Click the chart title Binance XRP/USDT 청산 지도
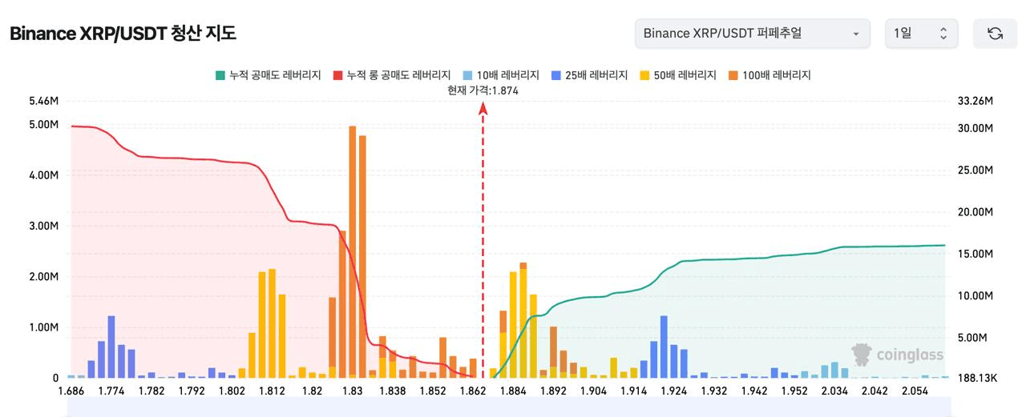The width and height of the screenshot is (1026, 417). [123, 34]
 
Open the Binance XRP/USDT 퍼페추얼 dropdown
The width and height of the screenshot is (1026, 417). [752, 34]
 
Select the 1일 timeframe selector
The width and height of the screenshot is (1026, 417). [921, 34]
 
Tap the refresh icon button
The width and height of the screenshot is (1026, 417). [995, 34]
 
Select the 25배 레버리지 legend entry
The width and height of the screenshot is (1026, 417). [589, 75]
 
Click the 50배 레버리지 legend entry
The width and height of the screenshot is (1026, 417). [678, 75]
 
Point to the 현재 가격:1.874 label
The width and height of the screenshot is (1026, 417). [483, 90]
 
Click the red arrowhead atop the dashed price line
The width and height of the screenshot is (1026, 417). [483, 108]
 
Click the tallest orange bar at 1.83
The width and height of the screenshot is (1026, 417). [353, 248]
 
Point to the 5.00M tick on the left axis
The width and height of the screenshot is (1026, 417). [43, 125]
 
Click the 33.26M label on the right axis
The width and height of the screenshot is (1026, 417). [976, 102]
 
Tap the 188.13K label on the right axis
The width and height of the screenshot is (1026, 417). [977, 378]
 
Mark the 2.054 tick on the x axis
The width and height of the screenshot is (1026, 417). [915, 391]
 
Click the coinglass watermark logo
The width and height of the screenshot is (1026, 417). [898, 355]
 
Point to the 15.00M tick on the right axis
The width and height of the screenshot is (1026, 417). [976, 255]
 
